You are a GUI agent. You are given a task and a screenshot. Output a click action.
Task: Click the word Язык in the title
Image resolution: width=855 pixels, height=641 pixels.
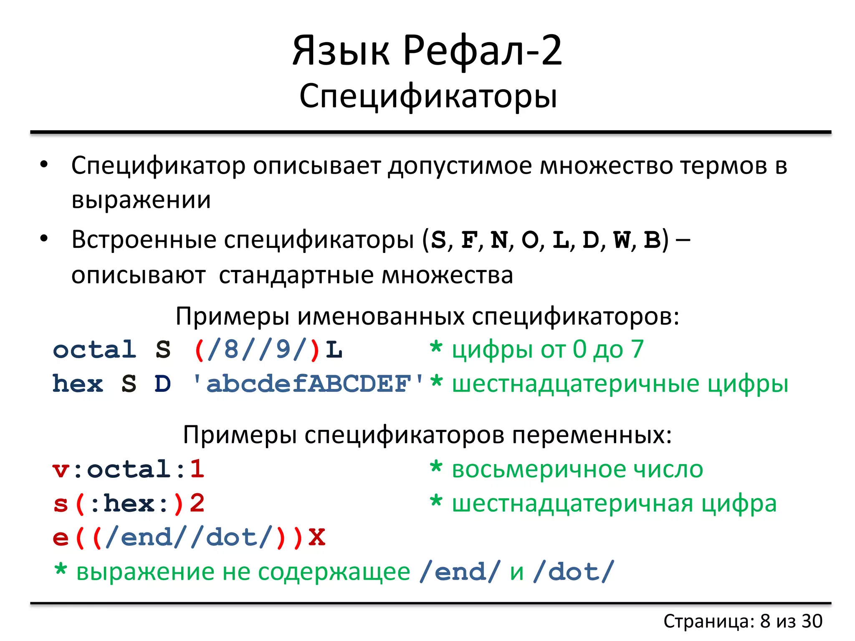341,51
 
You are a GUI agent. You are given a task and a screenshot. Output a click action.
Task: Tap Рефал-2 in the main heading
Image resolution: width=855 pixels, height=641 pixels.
483,51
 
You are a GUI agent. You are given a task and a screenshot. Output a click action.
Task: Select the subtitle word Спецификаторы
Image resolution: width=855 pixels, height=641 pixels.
428,96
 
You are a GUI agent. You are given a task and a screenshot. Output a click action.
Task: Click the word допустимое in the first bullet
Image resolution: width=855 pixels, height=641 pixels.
460,166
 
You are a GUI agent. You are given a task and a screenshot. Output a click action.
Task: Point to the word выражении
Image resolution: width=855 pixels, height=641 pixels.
141,200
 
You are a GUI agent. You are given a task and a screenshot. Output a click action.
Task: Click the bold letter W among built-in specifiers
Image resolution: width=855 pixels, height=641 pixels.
621,240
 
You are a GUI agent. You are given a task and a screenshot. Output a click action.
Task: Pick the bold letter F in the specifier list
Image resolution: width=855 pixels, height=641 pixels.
469,240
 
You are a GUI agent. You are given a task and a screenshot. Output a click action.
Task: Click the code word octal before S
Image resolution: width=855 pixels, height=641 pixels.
95,350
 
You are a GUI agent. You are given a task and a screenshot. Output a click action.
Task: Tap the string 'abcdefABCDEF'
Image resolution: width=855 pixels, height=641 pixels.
308,384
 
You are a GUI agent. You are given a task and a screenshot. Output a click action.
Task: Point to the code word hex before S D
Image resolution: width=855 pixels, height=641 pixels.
78,384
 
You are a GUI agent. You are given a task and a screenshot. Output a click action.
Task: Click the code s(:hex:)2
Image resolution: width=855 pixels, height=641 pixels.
128,504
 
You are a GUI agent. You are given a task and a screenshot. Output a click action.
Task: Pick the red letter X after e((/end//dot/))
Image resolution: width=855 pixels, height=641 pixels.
316,538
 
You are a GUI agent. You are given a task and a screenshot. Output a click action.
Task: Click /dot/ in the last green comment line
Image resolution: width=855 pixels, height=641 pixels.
574,572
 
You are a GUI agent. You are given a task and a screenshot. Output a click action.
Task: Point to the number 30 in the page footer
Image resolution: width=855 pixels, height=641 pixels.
812,621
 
